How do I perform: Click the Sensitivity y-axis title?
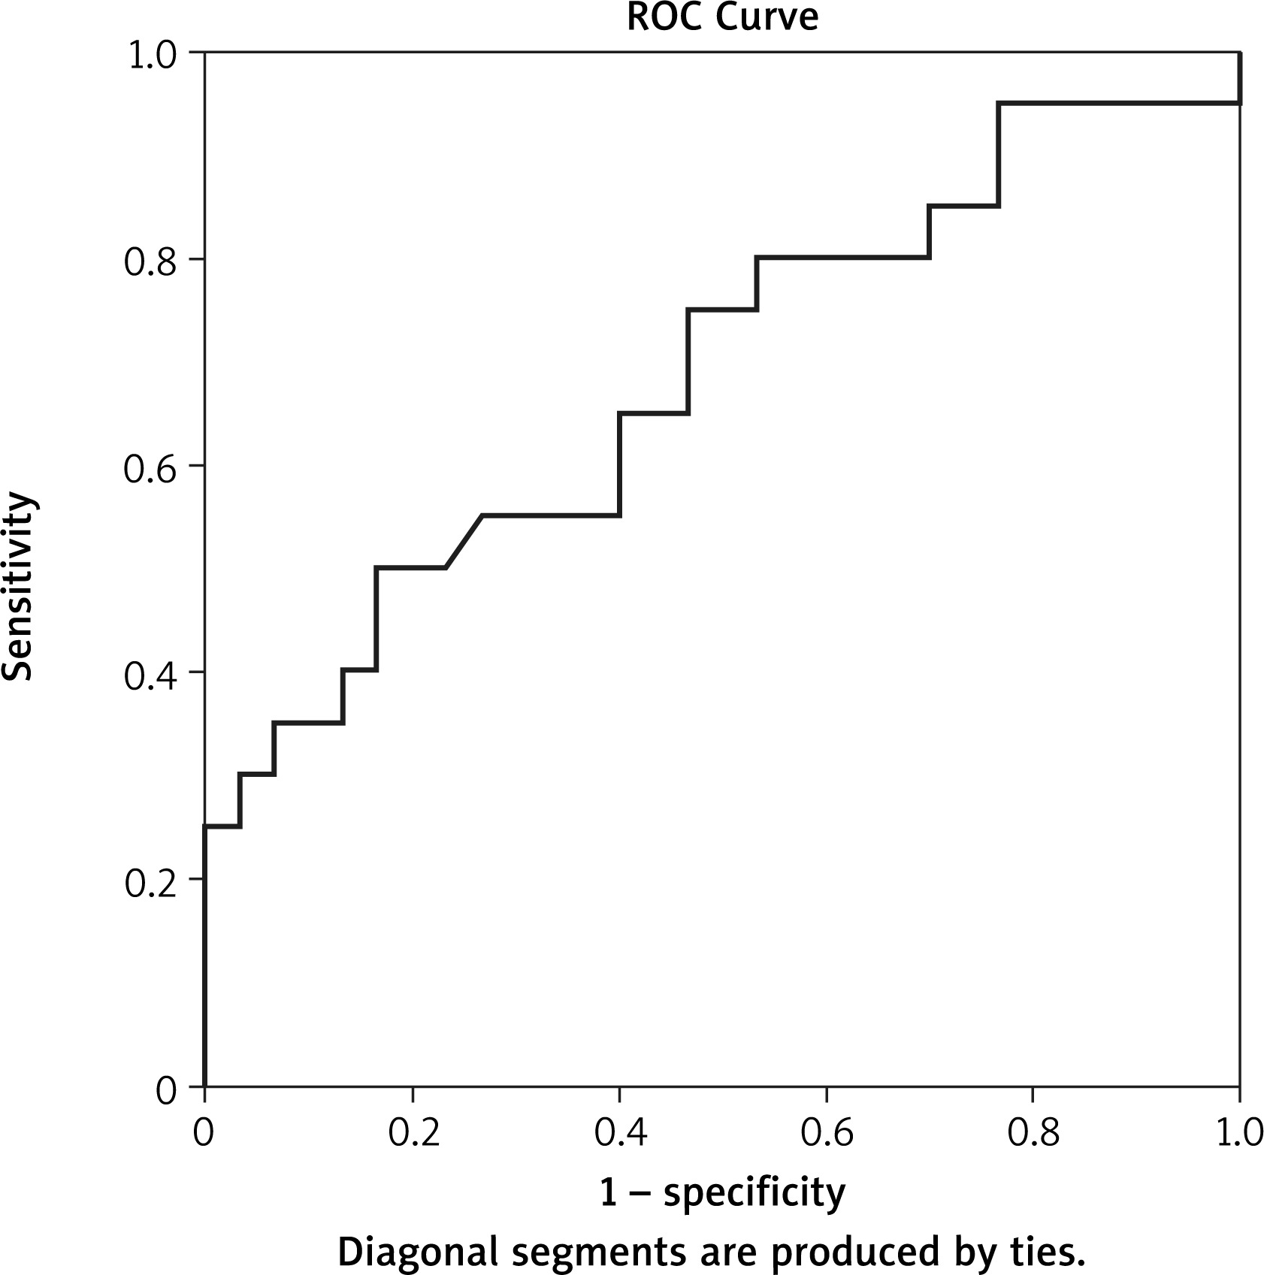click(18, 586)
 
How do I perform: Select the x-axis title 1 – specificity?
click(722, 1192)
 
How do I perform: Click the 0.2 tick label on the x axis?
click(413, 1132)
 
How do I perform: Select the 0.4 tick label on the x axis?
click(620, 1132)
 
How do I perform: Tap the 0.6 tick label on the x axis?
click(827, 1132)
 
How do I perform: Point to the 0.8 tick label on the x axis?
click(1033, 1132)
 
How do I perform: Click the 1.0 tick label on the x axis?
click(1238, 1132)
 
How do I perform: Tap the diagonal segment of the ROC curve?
click(464, 542)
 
